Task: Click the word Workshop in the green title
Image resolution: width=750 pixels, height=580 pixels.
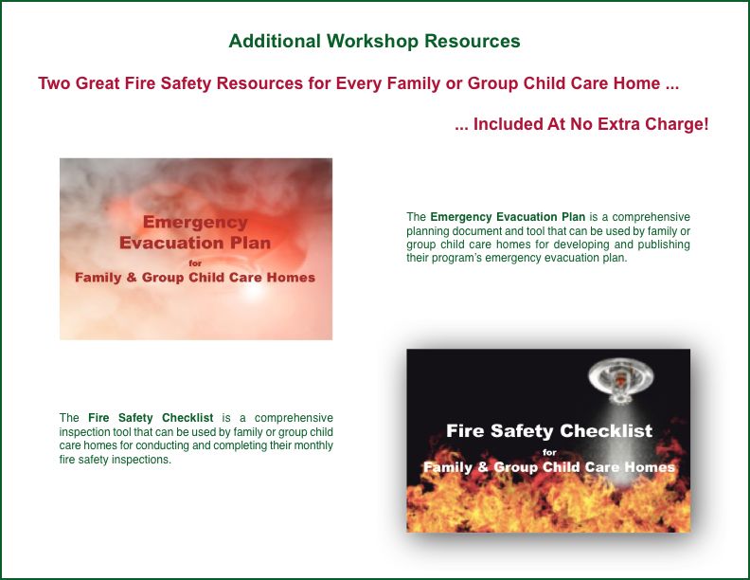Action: [372, 42]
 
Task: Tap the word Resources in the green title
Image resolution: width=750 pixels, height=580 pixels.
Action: [473, 41]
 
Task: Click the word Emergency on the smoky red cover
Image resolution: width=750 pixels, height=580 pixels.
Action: [195, 223]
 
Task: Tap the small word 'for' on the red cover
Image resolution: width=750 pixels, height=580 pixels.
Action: [195, 263]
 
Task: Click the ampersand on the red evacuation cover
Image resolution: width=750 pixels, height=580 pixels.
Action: [132, 278]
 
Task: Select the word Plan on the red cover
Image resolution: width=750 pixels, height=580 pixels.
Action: [250, 244]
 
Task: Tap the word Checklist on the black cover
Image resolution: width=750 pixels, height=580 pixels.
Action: [606, 430]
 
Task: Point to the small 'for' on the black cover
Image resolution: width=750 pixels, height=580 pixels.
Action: [549, 452]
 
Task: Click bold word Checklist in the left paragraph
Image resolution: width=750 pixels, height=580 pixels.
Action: [187, 418]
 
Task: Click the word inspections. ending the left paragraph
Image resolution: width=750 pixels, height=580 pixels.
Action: [141, 460]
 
